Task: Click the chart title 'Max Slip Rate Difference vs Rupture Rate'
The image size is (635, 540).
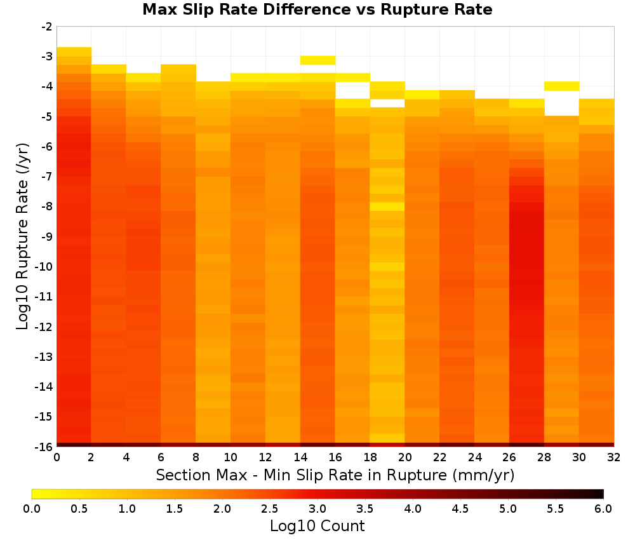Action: pyautogui.click(x=317, y=10)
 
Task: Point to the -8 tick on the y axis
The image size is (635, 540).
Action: pyautogui.click(x=55, y=206)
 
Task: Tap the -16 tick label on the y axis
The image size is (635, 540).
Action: pyautogui.click(x=43, y=447)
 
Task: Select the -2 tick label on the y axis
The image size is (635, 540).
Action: pyautogui.click(x=47, y=27)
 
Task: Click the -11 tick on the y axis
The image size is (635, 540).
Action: pyautogui.click(x=55, y=297)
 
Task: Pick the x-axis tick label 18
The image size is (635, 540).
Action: pyautogui.click(x=370, y=457)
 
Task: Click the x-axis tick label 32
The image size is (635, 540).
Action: pyautogui.click(x=614, y=457)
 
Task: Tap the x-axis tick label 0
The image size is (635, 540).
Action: pyautogui.click(x=57, y=457)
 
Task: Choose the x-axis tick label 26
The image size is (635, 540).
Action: pyautogui.click(x=509, y=457)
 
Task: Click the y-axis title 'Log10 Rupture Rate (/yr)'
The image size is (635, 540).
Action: pyautogui.click(x=22, y=236)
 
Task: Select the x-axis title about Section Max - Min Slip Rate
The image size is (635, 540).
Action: pyautogui.click(x=335, y=475)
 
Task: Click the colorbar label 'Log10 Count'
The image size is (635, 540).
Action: pyautogui.click(x=317, y=526)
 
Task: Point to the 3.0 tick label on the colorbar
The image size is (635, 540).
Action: pyautogui.click(x=317, y=508)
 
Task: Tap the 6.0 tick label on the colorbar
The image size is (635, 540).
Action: pyautogui.click(x=603, y=508)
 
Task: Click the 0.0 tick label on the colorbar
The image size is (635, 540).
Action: pyautogui.click(x=32, y=508)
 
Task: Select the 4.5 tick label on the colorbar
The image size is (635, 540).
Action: pyautogui.click(x=460, y=508)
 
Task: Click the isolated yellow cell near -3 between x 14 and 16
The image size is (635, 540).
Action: pyautogui.click(x=317, y=60)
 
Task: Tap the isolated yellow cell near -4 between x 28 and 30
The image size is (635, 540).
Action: pyautogui.click(x=562, y=86)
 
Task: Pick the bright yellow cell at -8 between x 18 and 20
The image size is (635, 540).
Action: pyautogui.click(x=387, y=206)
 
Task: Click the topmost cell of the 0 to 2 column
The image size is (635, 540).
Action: pyautogui.click(x=74, y=51)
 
